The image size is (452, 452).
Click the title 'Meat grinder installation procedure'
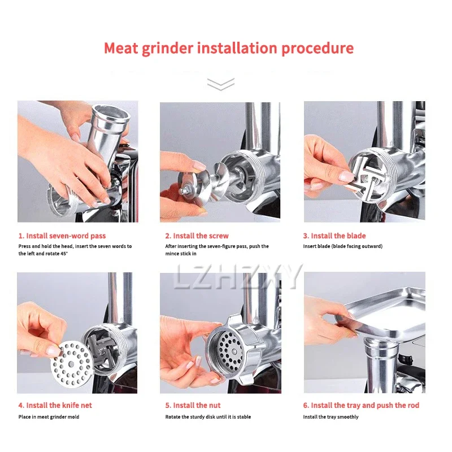[x=228, y=48]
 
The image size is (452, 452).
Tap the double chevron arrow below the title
[x=220, y=85]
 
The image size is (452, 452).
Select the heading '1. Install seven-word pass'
[x=62, y=236]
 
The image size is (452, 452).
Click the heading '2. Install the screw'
[x=197, y=236]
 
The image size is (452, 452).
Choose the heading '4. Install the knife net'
[x=55, y=405]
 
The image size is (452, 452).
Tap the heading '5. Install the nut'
[x=193, y=405]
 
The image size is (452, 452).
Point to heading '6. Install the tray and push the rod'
[x=361, y=405]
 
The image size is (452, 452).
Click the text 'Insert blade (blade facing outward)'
[x=342, y=246]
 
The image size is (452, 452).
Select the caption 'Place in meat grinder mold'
[x=49, y=417]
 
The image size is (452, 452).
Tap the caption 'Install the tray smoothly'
[x=331, y=417]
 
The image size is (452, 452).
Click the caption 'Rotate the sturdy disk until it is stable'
[x=208, y=417]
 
